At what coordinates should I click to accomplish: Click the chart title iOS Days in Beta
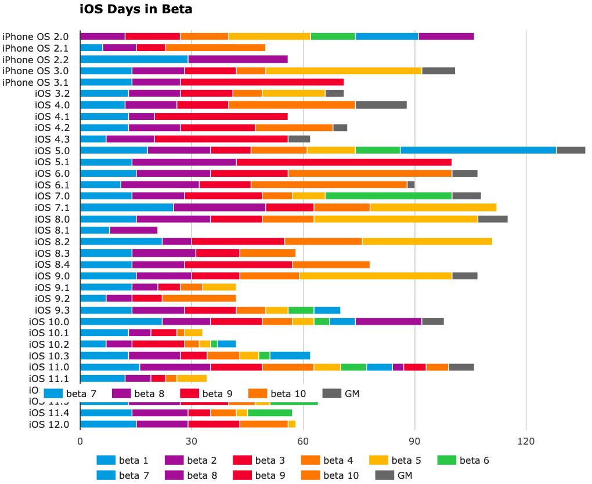point(135,9)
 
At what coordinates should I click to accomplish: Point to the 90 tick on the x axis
point(414,441)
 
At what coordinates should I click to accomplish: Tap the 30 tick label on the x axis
point(192,441)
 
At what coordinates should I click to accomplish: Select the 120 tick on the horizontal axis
point(526,441)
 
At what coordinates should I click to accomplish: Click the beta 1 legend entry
point(123,461)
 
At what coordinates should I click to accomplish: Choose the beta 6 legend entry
point(464,461)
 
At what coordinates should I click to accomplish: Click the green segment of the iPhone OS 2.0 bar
point(333,37)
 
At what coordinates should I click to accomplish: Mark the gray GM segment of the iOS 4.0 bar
point(381,105)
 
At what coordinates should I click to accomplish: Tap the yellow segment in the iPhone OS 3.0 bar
point(344,71)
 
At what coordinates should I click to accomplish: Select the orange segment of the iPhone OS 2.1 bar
point(215,48)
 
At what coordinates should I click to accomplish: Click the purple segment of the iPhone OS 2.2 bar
point(238,59)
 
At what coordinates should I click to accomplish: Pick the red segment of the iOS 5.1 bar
point(344,162)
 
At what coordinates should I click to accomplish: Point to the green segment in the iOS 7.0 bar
point(389,196)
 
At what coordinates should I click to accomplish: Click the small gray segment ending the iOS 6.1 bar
point(411,184)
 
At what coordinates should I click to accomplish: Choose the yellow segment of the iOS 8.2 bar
point(427,242)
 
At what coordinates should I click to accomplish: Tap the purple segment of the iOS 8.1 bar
point(133,230)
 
